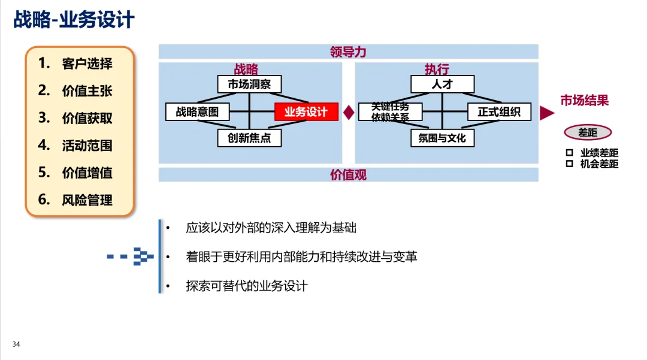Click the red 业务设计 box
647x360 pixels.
[306, 112]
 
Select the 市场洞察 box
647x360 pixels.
[249, 84]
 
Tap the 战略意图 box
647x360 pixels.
[197, 112]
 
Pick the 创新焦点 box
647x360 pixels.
[249, 138]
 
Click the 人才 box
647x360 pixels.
[442, 84]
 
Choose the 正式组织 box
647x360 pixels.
[499, 112]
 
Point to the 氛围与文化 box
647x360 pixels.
[442, 138]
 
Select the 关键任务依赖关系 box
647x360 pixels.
[390, 112]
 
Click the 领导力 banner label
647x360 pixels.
[348, 52]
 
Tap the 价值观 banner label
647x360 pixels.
[348, 175]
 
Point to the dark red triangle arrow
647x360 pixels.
[546, 113]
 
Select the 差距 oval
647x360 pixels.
[588, 133]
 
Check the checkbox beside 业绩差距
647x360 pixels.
[569, 153]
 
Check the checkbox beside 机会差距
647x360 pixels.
[569, 164]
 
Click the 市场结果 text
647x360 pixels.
[584, 101]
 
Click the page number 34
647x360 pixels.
[16, 344]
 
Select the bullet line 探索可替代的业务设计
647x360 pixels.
[247, 286]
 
